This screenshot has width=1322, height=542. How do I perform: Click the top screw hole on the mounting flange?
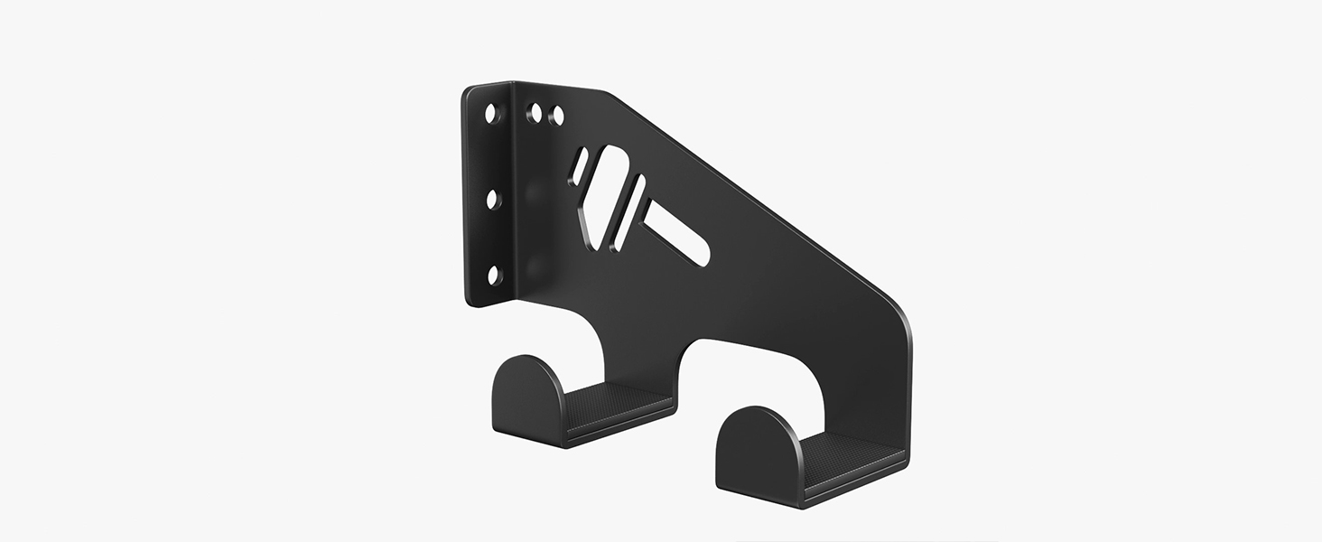491,114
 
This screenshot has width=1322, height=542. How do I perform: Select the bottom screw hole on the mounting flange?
493,276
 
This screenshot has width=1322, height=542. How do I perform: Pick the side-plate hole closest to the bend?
535,113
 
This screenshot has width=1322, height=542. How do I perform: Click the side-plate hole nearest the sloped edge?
557,116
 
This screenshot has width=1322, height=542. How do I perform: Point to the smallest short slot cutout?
578,167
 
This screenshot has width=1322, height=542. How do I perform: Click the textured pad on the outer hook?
849,451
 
